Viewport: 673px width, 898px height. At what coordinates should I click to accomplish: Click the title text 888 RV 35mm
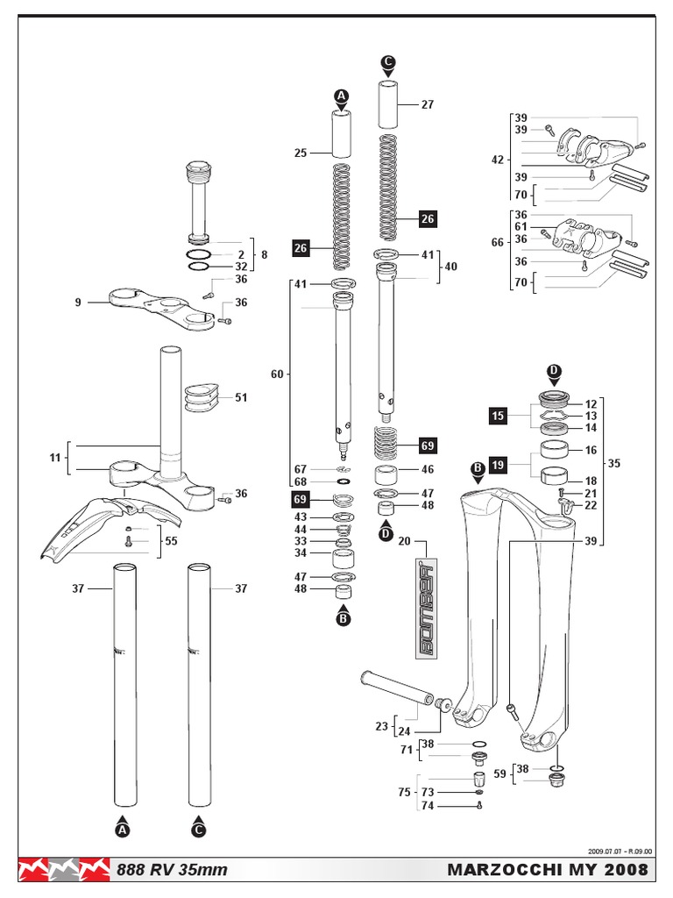[173, 870]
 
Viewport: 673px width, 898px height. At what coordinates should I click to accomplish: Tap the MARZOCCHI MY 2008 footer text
[549, 870]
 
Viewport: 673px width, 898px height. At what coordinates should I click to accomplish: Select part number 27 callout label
[428, 104]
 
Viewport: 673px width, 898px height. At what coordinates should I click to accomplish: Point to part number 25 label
[301, 153]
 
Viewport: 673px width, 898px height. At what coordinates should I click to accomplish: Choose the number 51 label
[241, 397]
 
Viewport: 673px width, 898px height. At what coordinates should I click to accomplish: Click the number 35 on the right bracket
[613, 462]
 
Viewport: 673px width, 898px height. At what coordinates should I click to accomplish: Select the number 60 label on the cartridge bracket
[277, 374]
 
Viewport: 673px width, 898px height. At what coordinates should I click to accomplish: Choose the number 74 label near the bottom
[428, 805]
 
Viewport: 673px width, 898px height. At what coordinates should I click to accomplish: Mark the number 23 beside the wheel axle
[381, 726]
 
